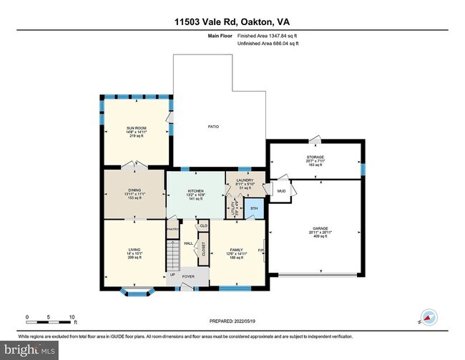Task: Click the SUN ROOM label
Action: coord(136,127)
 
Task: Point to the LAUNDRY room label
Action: coord(245,180)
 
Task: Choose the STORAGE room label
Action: coord(315,157)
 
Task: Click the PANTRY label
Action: coord(172,229)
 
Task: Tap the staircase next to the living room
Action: coord(172,253)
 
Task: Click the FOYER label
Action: coord(187,274)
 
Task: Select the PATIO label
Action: coord(213,127)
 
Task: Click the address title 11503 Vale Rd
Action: coord(232,23)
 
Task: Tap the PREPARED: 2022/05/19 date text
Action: coord(232,321)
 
